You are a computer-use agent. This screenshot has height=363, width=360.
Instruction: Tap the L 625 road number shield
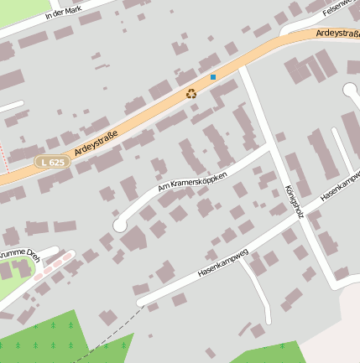(51, 161)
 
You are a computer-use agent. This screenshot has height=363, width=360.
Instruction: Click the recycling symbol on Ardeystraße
(191, 94)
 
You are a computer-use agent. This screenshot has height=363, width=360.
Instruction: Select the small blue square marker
(213, 77)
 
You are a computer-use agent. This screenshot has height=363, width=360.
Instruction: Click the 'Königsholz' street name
(294, 201)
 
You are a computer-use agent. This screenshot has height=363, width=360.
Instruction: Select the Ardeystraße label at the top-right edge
(337, 34)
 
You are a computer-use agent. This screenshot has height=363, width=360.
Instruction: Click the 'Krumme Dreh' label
(18, 256)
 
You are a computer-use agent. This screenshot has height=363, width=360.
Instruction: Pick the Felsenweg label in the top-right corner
(342, 7)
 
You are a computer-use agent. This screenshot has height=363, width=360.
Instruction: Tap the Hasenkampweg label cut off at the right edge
(340, 186)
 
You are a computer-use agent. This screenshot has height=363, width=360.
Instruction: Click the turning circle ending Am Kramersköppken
(121, 225)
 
